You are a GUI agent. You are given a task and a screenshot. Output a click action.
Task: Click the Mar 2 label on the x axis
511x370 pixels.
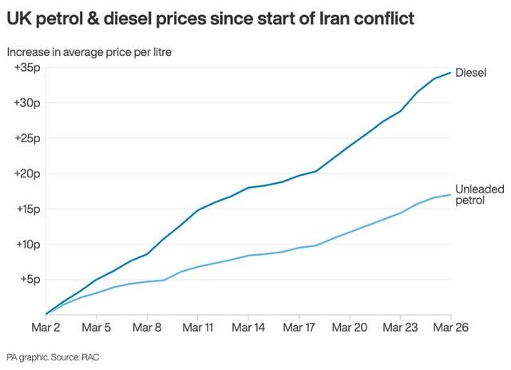point(46,327)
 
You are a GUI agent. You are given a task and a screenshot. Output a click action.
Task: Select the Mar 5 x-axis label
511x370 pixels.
point(97,327)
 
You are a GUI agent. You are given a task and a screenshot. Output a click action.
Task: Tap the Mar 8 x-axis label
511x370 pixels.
point(147,327)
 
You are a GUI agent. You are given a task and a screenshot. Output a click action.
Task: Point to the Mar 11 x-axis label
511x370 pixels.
point(197,327)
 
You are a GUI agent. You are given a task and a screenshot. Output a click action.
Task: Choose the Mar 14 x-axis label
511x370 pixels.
point(248,327)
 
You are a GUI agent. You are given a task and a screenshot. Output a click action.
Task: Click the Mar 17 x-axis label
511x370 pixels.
point(299,327)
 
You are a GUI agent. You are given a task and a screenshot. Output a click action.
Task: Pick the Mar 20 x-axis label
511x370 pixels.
point(349,327)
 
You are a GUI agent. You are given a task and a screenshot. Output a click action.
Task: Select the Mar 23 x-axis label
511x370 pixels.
point(400,327)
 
